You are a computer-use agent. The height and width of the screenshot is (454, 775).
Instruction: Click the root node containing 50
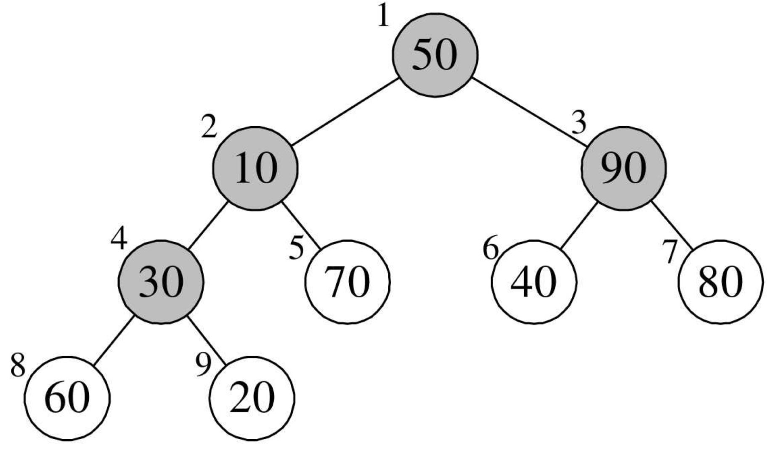(435, 55)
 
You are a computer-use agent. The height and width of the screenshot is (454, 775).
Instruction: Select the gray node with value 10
(255, 168)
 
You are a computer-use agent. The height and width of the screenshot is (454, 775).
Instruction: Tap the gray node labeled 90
(624, 168)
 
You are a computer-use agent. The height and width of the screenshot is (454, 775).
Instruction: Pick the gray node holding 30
(161, 282)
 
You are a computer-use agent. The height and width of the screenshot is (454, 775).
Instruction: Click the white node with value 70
(348, 282)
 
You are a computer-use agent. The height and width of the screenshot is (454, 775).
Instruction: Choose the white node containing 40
(534, 282)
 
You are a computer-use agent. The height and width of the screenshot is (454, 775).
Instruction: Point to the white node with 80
(720, 282)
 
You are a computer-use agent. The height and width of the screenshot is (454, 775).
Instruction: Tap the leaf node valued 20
(252, 398)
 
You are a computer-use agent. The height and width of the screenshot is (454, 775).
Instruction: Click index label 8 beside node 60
(18, 365)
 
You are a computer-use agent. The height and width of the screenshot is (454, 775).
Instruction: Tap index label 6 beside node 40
(491, 249)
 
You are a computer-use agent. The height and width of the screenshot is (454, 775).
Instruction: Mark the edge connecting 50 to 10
(345, 112)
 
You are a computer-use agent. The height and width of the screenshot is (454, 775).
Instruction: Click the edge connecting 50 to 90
(530, 112)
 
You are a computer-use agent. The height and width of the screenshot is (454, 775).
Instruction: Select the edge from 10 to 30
(208, 225)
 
